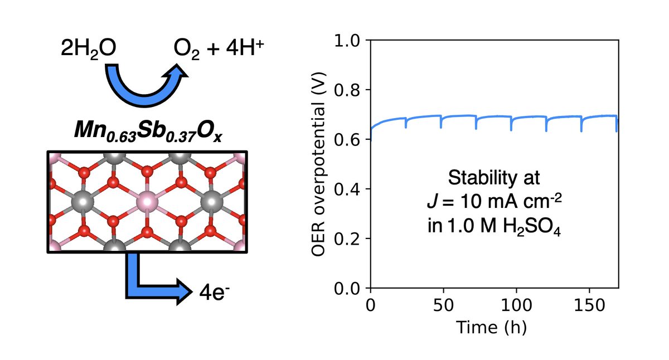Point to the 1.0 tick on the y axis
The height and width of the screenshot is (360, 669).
[x=351, y=41]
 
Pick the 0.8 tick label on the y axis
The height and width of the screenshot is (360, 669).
[x=351, y=90]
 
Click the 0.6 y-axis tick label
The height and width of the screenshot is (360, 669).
[x=351, y=140]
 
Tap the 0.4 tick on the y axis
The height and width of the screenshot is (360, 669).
[x=351, y=189]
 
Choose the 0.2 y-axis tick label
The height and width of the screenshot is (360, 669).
[x=351, y=239]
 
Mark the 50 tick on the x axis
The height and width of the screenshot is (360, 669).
[x=443, y=304]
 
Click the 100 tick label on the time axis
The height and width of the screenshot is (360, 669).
[x=516, y=304]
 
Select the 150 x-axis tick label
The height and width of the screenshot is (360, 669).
[x=590, y=304]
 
